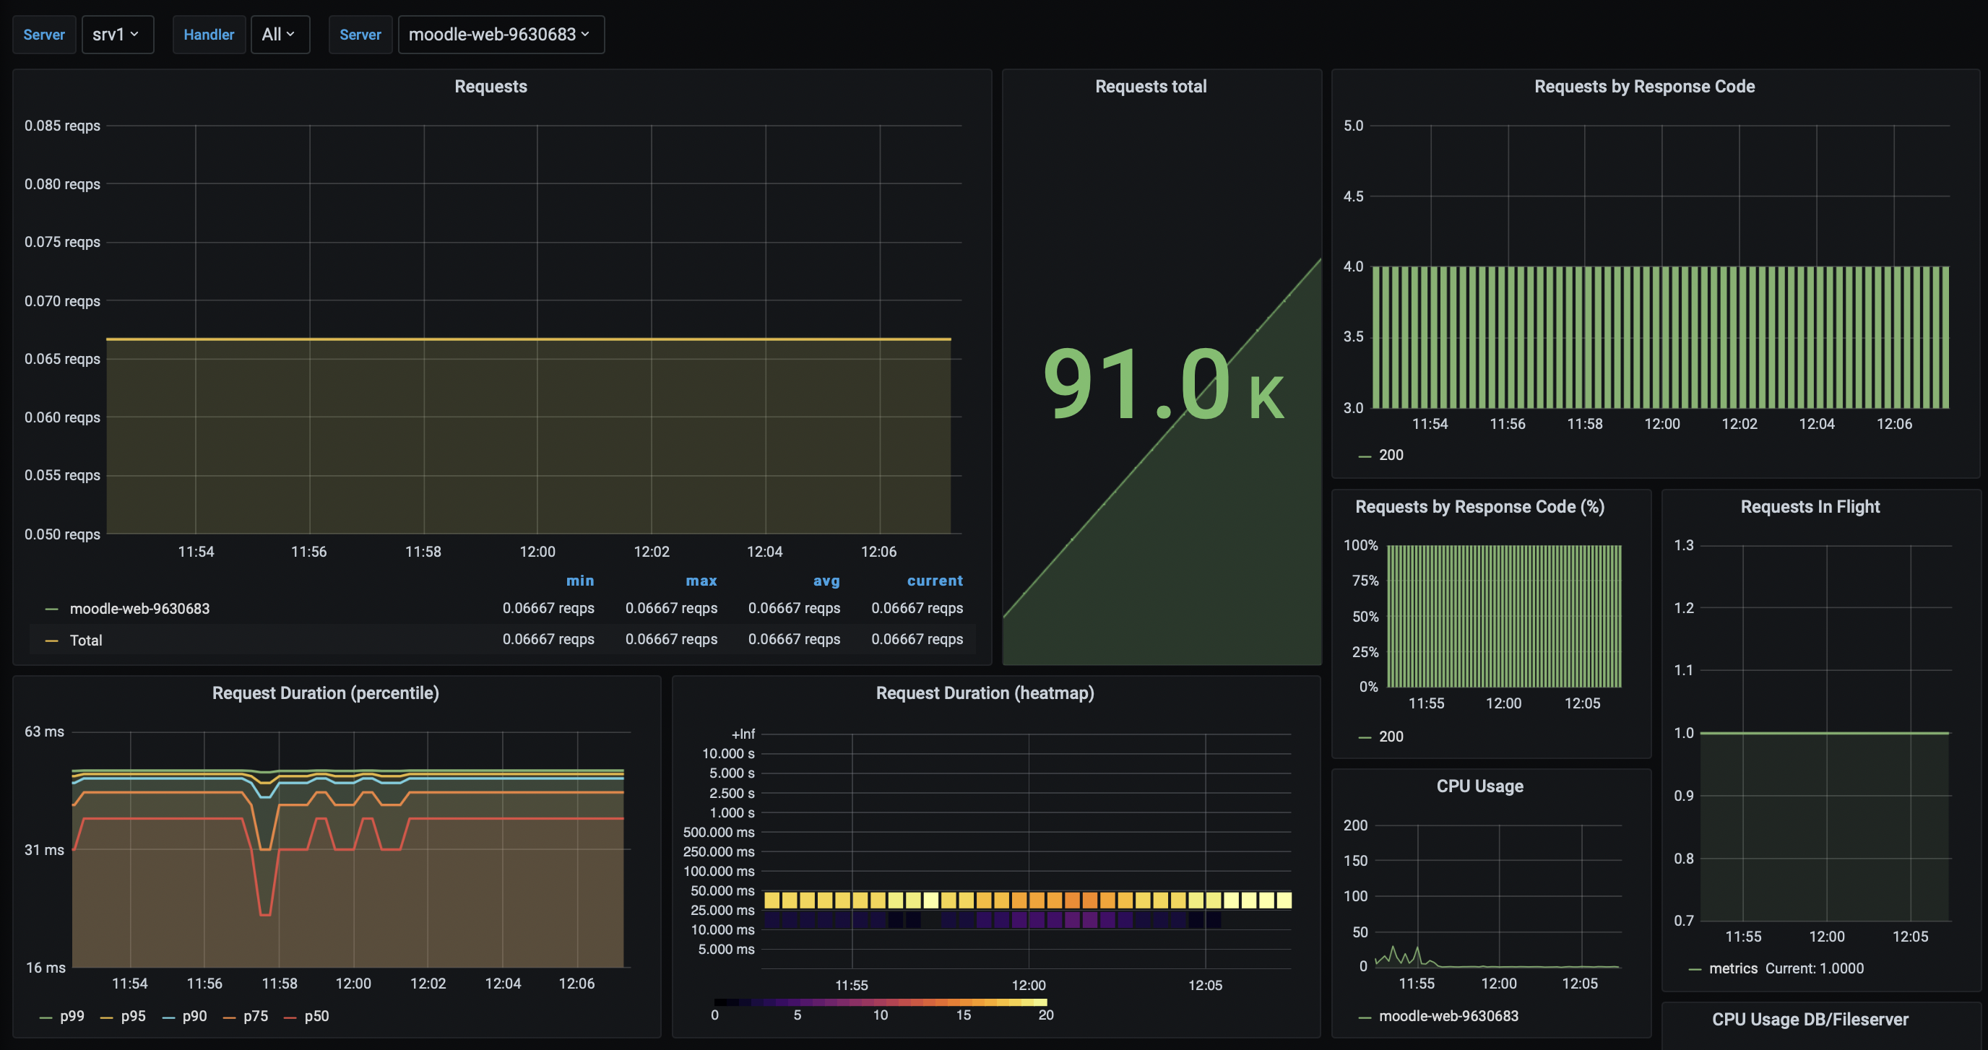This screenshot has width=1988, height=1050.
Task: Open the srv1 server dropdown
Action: (116, 35)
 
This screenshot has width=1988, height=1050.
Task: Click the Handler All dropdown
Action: (279, 35)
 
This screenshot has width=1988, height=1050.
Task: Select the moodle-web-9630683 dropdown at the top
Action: (500, 35)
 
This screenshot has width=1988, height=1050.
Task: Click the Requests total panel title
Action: (1150, 87)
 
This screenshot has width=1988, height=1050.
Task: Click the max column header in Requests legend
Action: (701, 580)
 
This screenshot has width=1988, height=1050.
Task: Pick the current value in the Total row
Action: (916, 639)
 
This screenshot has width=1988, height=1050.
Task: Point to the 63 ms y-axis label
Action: (44, 732)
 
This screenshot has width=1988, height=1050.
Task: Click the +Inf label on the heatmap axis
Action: (743, 734)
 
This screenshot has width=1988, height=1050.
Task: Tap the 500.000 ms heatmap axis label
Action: (718, 832)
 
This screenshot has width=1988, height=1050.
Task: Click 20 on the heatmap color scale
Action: (1045, 1015)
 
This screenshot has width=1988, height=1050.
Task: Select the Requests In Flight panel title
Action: (1810, 507)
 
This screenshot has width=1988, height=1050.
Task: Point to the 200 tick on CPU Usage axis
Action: (1355, 825)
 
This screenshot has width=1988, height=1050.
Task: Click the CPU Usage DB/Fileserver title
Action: (1810, 1019)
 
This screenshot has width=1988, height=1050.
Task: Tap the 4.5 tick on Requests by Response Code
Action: (1353, 196)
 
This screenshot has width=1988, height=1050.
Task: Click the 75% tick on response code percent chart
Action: (1365, 580)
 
